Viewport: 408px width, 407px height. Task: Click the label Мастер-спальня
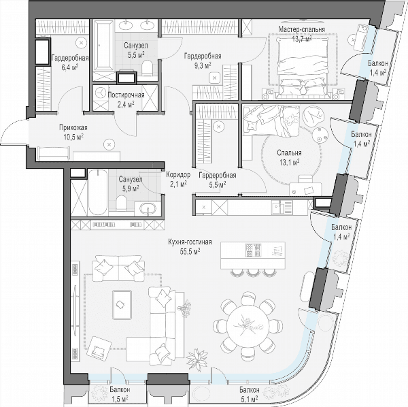coord(301,29)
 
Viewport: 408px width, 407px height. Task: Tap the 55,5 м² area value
coord(190,251)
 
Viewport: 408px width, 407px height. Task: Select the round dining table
coord(248,327)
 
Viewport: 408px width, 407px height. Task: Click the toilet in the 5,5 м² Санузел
coord(148,68)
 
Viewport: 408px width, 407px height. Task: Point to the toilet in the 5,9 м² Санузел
coord(121,203)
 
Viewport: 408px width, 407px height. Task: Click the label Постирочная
coord(126,95)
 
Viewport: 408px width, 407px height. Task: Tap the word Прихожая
coord(73,128)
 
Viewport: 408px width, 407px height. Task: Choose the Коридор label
coord(178,175)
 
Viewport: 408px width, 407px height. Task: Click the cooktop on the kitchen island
coord(253,250)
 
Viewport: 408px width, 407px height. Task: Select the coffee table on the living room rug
coord(122,305)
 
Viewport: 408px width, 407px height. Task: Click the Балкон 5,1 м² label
coord(250,393)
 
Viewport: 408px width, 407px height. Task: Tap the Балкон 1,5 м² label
coord(120,393)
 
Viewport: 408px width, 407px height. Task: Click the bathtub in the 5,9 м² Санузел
coord(97,193)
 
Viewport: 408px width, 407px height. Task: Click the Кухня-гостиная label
coord(190,242)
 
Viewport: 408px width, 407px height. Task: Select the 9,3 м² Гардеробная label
coord(203,61)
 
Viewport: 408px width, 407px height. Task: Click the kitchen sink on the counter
coord(276,208)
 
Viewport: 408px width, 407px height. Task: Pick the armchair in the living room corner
coord(99,349)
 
